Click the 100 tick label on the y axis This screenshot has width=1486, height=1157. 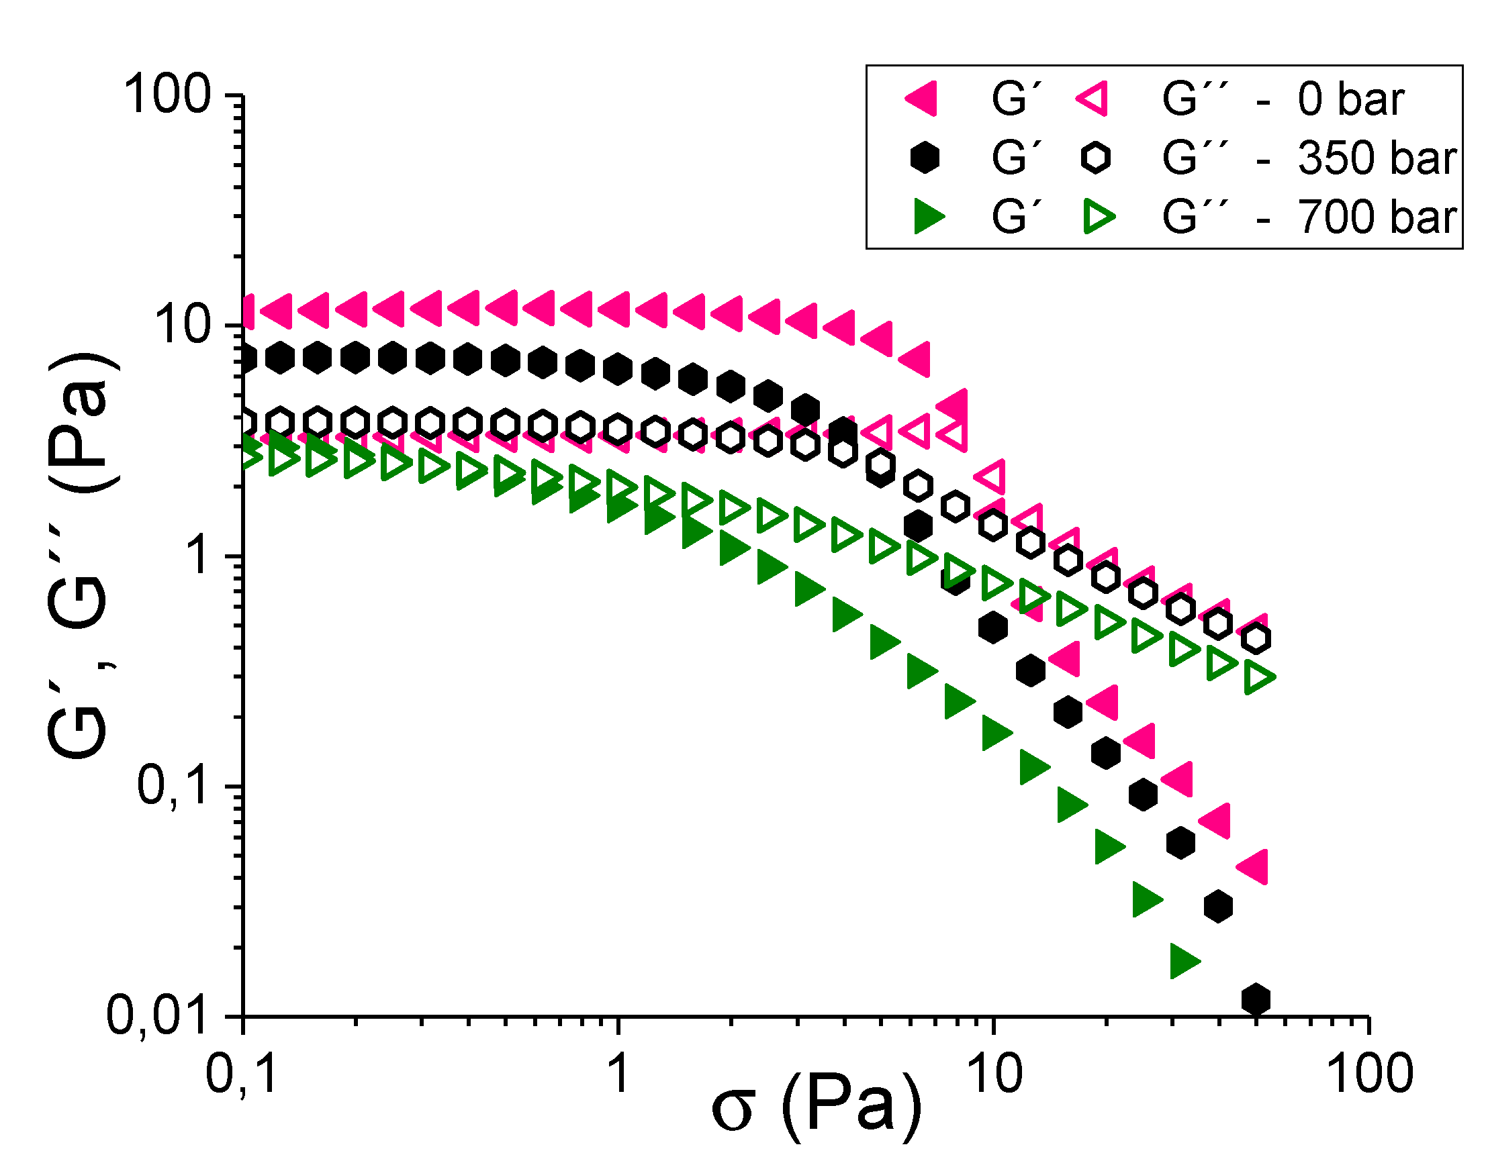point(167,95)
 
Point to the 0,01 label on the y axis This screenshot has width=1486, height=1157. point(158,1016)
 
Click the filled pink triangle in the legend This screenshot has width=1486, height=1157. point(923,99)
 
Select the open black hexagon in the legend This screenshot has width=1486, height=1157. point(1095,158)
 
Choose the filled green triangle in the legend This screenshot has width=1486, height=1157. point(928,216)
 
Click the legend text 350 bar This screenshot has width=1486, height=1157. point(1376,158)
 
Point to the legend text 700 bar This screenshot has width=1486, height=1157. point(1376,217)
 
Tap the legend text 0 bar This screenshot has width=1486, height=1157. point(1350,99)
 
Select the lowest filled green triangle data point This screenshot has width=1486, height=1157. point(1183,960)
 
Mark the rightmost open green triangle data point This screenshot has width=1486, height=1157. point(1258,677)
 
